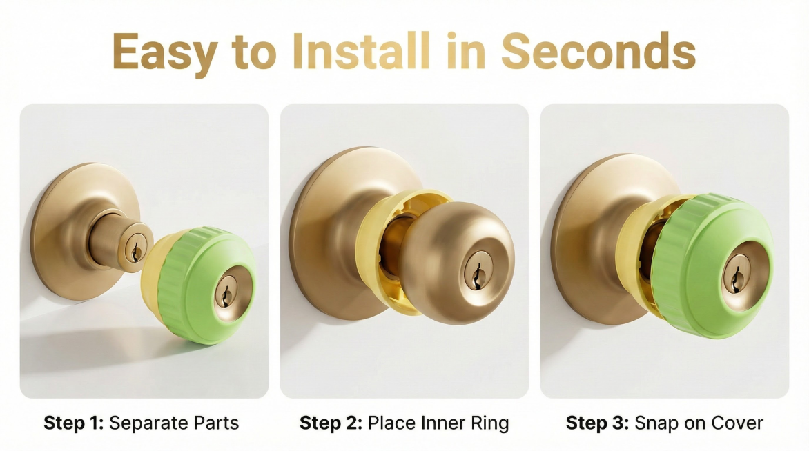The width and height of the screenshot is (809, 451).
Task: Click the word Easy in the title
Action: pos(164,52)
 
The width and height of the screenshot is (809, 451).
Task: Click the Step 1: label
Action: pos(74,423)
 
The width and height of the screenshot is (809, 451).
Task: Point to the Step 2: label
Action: pos(331,423)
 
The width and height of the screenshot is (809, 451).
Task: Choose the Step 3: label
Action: pos(598,423)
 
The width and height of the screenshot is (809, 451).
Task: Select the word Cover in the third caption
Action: pos(736,423)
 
